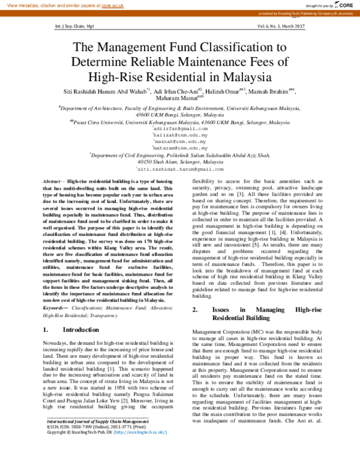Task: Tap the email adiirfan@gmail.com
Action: click(181, 129)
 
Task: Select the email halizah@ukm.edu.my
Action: click(181, 135)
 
